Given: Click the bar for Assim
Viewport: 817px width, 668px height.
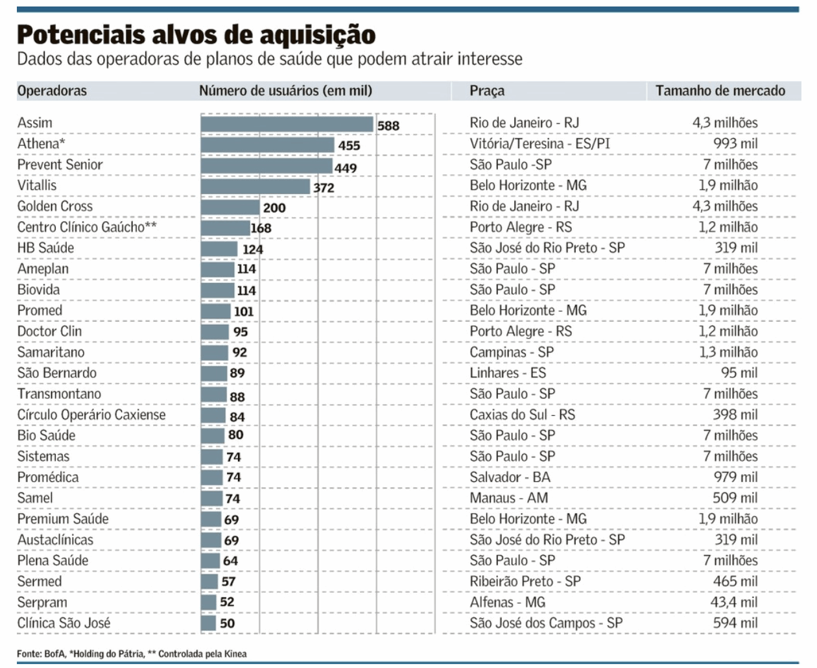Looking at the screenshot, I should (x=287, y=124).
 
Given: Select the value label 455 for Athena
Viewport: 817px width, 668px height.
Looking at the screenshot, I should (x=349, y=145).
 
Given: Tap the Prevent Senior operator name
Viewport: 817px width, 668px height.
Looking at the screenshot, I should (x=60, y=165).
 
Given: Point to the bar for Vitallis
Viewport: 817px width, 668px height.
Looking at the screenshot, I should (x=255, y=187).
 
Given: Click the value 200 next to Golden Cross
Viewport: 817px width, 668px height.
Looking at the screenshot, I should (x=274, y=208).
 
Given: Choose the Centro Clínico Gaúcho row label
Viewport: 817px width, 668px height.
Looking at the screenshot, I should (x=87, y=227).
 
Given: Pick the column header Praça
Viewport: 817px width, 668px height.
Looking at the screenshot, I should (x=487, y=91).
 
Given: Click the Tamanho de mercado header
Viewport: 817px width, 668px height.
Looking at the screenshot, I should (x=720, y=91).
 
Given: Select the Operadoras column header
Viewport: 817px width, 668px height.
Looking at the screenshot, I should (x=52, y=91).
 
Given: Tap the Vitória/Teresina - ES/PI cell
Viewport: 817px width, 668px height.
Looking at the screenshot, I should (x=539, y=143).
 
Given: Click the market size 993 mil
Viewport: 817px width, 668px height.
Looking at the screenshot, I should (x=735, y=143).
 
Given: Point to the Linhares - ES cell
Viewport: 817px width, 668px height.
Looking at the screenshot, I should (x=508, y=373).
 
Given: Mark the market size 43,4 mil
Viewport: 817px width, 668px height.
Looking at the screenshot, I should (x=733, y=602).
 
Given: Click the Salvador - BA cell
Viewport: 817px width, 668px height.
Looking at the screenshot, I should (x=510, y=477).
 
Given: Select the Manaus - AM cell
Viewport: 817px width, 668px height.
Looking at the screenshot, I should (x=508, y=498).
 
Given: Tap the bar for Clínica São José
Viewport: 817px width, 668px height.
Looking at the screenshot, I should (x=208, y=623).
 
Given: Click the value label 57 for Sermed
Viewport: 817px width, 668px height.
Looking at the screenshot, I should (x=228, y=582).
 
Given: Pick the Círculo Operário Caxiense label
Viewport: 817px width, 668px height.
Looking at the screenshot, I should (x=91, y=414).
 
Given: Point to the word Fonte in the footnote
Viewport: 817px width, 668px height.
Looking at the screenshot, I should (x=29, y=654).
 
